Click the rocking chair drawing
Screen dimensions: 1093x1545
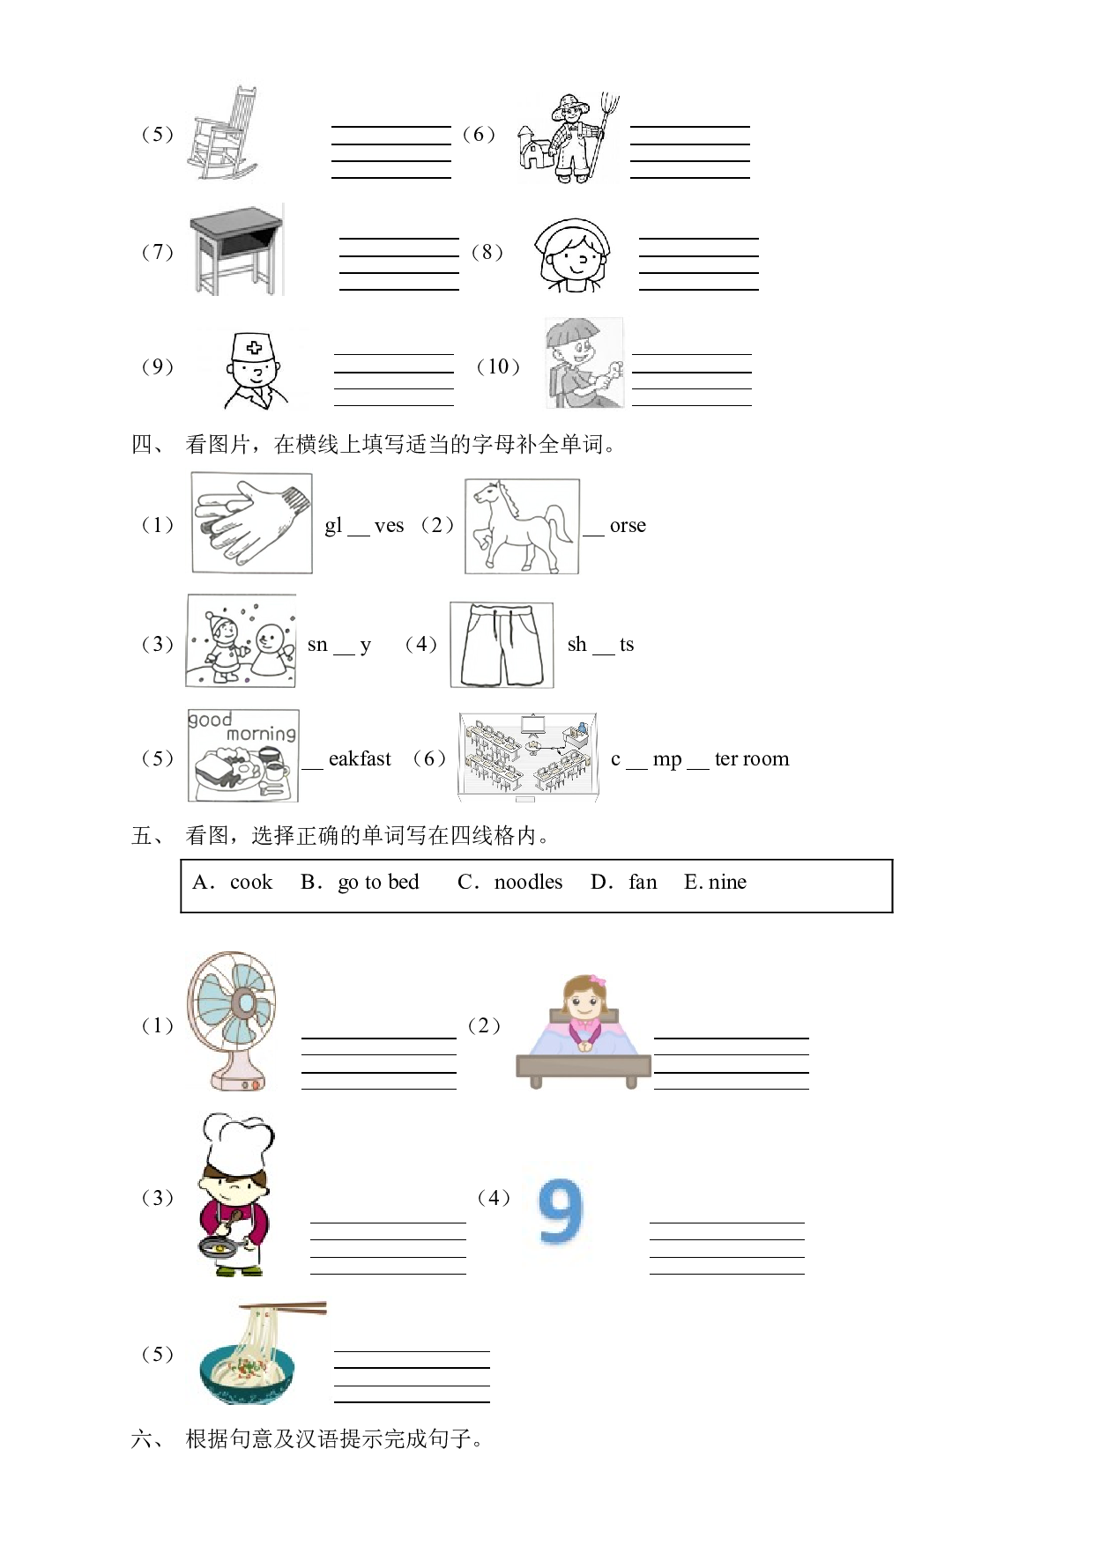click(221, 133)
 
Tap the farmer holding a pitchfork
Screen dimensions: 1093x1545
click(569, 137)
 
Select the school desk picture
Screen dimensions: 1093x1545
click(236, 250)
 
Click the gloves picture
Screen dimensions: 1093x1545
click(252, 523)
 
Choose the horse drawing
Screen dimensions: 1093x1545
click(523, 527)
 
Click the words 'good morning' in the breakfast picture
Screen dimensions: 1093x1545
click(242, 726)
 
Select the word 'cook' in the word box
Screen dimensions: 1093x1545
click(251, 882)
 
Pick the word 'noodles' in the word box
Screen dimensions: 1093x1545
click(528, 882)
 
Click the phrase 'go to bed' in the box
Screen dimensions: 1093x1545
click(378, 883)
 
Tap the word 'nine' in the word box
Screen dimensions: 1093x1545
click(727, 882)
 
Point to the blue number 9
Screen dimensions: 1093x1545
click(561, 1212)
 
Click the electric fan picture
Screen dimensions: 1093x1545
click(232, 1021)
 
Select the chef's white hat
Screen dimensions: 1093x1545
click(237, 1142)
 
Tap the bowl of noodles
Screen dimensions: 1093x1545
click(252, 1354)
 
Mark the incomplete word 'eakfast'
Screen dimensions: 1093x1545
click(360, 758)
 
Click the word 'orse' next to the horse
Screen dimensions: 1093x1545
click(628, 526)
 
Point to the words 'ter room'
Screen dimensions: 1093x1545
click(752, 758)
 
